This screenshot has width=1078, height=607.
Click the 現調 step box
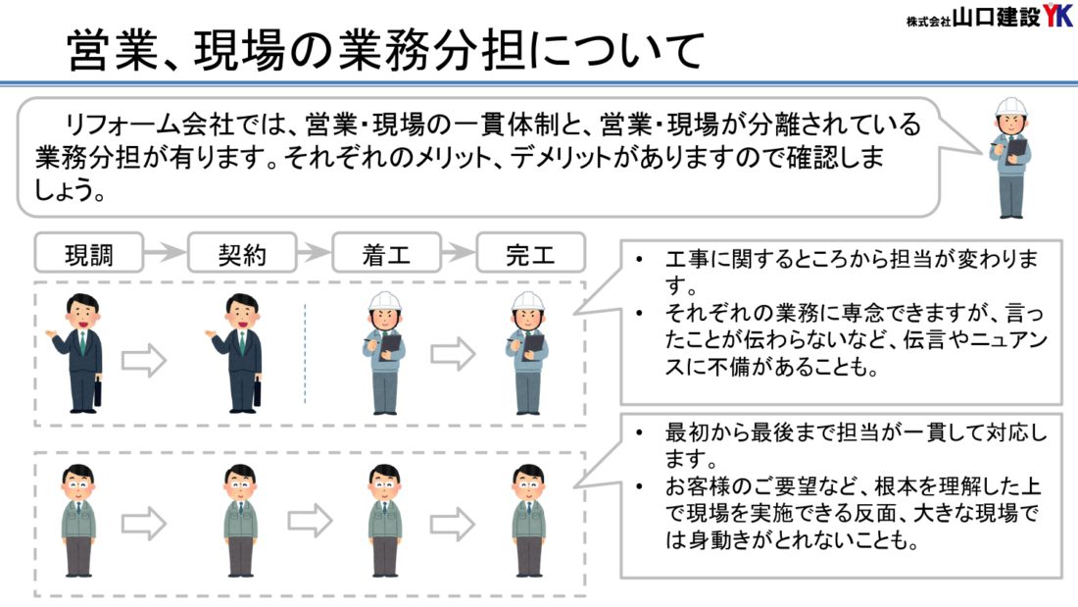[x=89, y=253]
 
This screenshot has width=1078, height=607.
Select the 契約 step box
[x=241, y=253]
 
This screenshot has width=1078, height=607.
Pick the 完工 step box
[x=530, y=253]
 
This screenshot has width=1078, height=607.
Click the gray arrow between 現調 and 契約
[x=165, y=253]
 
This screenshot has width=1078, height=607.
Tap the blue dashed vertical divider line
[x=305, y=353]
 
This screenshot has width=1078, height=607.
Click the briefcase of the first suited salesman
[x=97, y=391]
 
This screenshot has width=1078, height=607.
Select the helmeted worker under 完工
[x=528, y=353]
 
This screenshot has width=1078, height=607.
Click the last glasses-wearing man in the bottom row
[x=528, y=520]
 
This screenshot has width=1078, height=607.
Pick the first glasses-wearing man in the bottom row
[x=77, y=520]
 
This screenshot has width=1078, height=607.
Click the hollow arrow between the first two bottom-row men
[x=144, y=522]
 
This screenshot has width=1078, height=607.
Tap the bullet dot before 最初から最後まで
[x=639, y=432]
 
